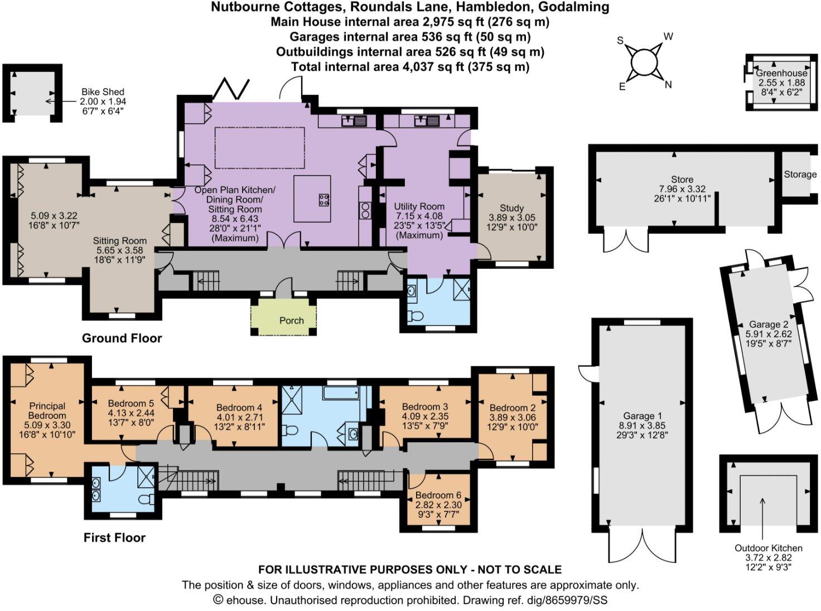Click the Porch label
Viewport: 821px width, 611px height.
point(291,321)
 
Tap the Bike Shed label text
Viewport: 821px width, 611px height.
point(103,92)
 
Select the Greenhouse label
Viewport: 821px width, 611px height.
point(781,73)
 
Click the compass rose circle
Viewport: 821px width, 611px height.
point(644,62)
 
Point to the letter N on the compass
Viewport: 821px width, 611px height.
point(668,85)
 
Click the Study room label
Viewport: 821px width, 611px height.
point(511,208)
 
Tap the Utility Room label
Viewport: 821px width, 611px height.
point(419,206)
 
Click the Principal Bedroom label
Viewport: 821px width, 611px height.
point(47,411)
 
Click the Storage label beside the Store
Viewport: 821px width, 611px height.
point(800,174)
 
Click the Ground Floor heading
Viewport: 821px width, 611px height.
point(122,338)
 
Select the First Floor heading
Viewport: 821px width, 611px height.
point(114,537)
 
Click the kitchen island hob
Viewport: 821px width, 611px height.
point(323,200)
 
